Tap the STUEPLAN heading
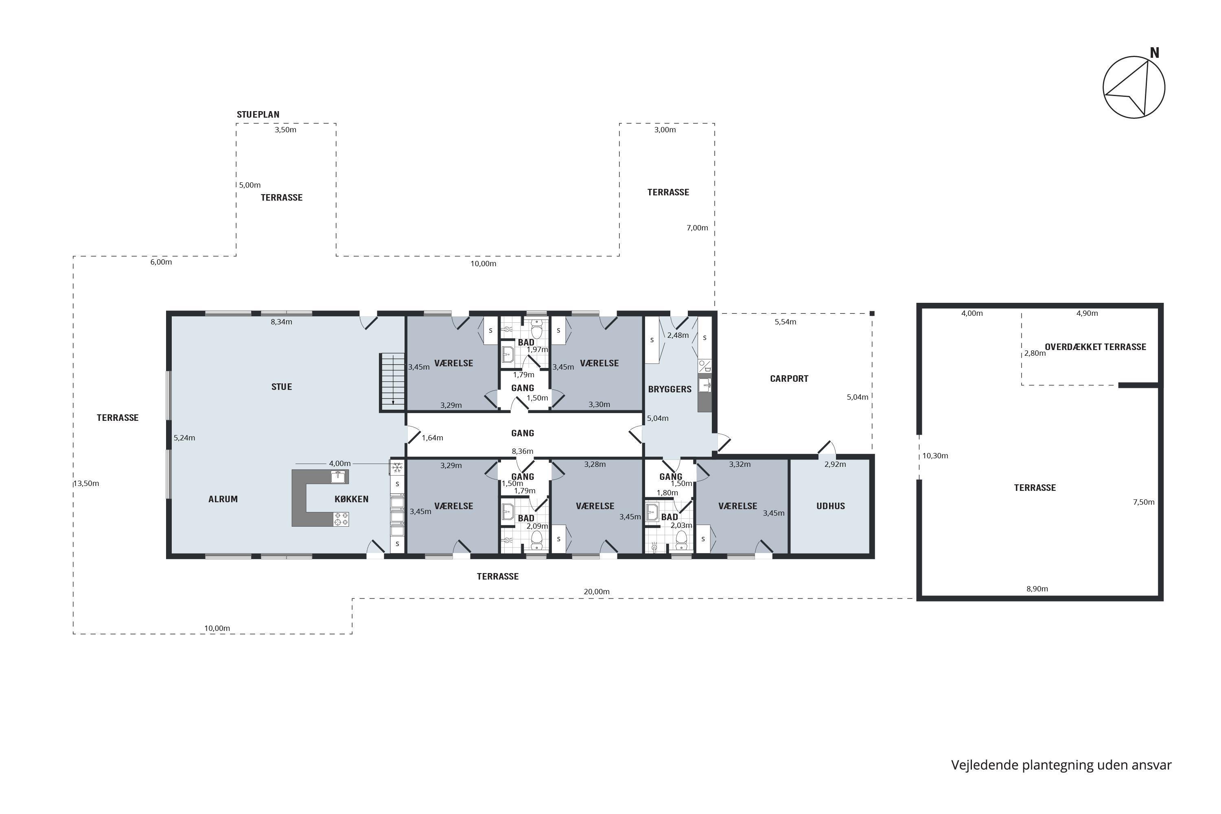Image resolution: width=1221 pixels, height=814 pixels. point(258,115)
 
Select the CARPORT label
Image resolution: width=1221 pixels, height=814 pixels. point(789,379)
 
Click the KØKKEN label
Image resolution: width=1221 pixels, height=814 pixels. point(352,499)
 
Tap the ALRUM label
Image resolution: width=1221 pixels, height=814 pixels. point(223,499)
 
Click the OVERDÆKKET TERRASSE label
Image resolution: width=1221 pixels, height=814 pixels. point(1095,347)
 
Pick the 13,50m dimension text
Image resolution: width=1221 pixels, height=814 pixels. point(86,484)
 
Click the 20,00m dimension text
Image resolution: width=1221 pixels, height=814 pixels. point(597,592)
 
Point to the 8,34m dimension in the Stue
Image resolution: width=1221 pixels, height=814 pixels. point(281,322)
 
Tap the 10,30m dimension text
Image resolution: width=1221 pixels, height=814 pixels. point(935,456)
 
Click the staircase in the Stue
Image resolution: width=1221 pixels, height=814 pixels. point(393,382)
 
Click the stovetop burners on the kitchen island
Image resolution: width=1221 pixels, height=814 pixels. point(341,519)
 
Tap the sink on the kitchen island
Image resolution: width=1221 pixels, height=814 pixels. point(339,477)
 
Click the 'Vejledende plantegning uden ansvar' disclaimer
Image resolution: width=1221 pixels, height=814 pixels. point(1061,765)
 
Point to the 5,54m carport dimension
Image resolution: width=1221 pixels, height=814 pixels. point(786,322)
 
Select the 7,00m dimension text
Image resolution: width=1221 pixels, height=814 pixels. point(697,228)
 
